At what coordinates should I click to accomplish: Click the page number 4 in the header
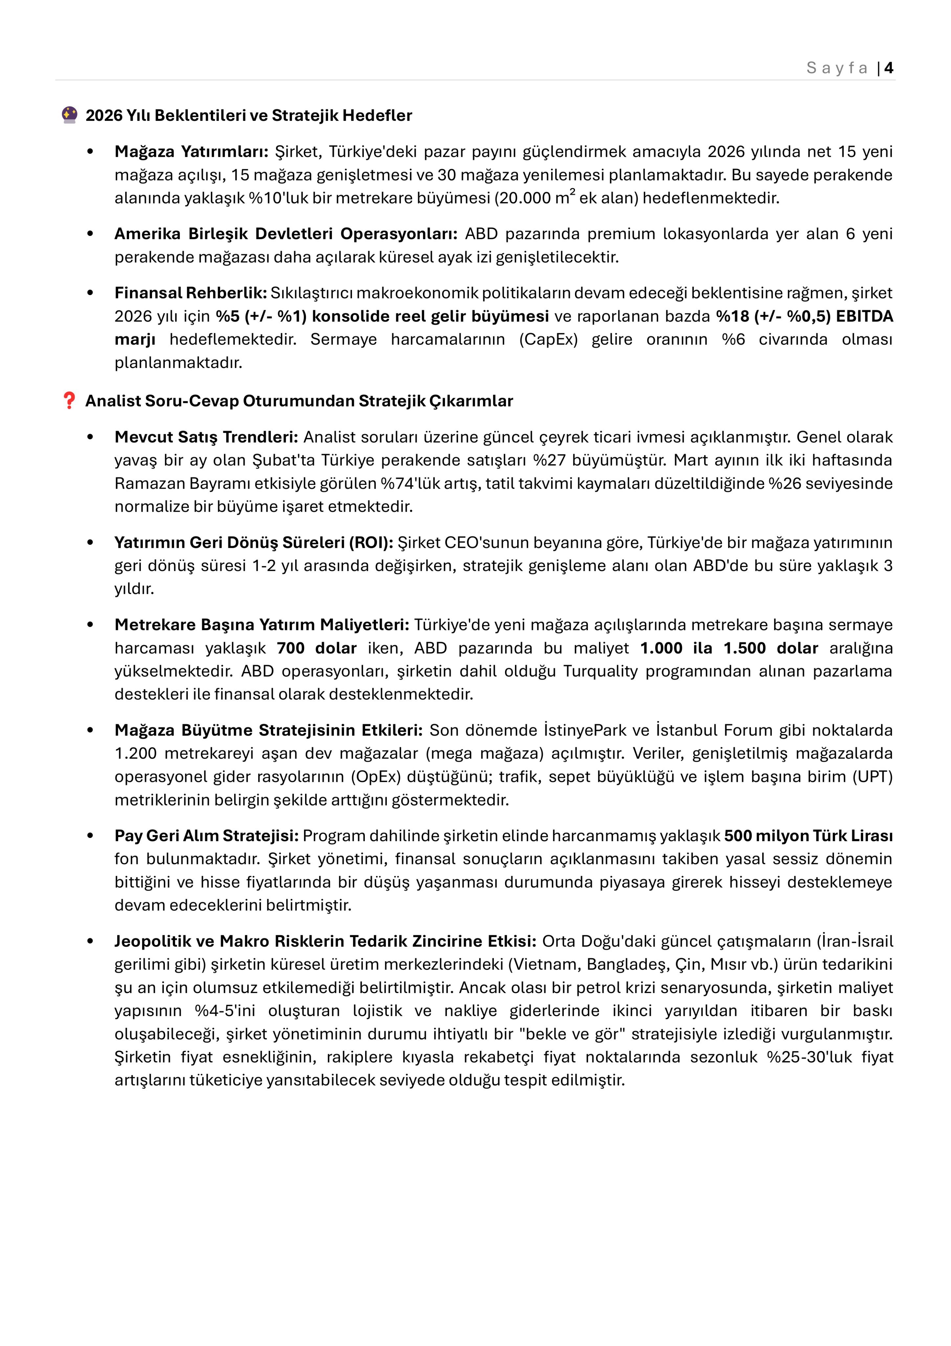[889, 68]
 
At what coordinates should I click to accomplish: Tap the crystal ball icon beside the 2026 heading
[69, 115]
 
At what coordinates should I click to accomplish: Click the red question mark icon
[69, 401]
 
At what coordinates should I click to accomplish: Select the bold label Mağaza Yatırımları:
[191, 152]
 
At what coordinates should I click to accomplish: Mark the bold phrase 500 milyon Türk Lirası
[808, 836]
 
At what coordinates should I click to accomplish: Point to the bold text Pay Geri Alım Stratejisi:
[206, 836]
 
